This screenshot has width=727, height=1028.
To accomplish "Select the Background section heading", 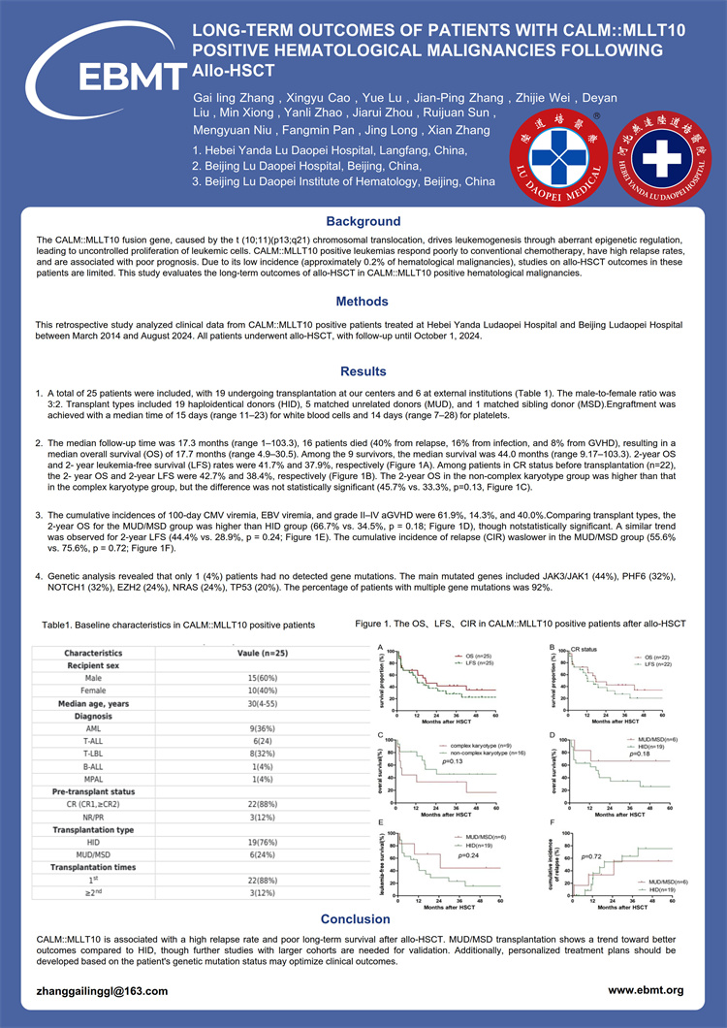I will tap(363, 221).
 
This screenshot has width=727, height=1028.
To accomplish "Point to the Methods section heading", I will tap(363, 302).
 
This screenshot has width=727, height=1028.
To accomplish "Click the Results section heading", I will tap(363, 371).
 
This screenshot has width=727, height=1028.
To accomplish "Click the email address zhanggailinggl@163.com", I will tap(88, 991).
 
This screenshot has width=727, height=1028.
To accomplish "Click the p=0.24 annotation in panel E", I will tap(447, 855).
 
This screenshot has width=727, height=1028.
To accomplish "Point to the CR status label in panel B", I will tap(584, 648).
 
